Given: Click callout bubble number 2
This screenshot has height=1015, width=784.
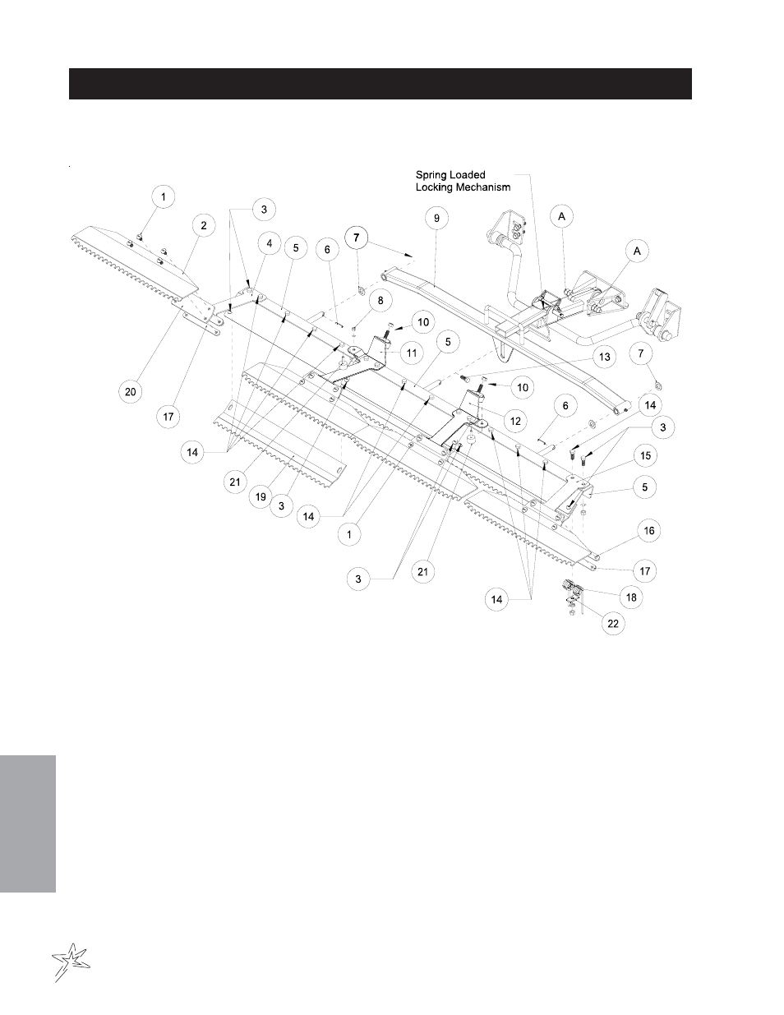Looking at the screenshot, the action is [204, 226].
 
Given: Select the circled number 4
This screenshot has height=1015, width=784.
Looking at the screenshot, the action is [270, 243].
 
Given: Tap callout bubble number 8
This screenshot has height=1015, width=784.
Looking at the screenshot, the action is [380, 300].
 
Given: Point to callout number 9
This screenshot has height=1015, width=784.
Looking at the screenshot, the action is [436, 218].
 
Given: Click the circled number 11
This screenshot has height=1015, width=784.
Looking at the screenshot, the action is [412, 353].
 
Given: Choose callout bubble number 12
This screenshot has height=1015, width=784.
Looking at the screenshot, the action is [515, 421].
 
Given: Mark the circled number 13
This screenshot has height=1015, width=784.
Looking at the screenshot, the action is [605, 357].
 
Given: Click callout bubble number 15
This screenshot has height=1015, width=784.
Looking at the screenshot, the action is [645, 455].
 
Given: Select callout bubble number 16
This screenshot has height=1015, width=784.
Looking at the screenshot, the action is [649, 531].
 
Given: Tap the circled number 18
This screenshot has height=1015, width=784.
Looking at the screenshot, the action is [631, 597].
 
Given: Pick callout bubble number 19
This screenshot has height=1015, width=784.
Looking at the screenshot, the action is [261, 496].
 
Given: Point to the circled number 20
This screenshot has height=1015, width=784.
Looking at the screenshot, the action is [131, 391].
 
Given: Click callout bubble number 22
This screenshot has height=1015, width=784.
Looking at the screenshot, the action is [613, 623].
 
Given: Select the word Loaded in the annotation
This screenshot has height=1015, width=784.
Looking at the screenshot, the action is [467, 175].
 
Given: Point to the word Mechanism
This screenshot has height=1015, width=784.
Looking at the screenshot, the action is [482, 187].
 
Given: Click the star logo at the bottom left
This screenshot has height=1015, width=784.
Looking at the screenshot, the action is [71, 962].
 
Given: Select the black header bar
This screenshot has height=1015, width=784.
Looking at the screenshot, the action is [380, 84].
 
